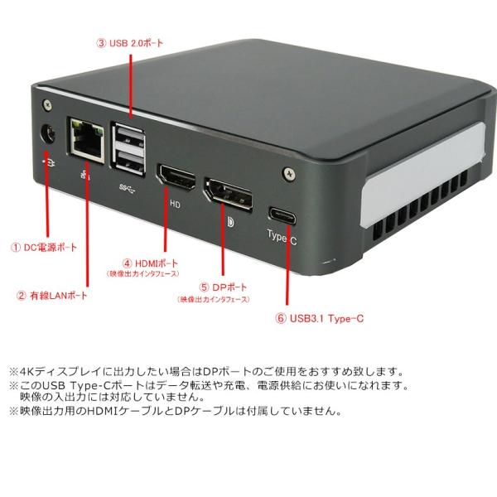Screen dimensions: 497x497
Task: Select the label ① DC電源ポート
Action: click(44, 248)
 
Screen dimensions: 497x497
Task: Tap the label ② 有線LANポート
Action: click(51, 295)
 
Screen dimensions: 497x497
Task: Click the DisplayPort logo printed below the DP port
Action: click(229, 222)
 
